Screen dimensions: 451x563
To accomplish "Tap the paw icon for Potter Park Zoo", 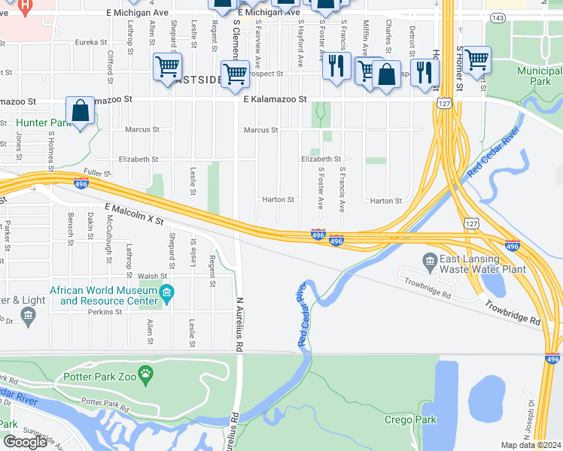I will click(146, 372).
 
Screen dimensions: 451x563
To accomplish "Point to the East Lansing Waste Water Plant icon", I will click(430, 262).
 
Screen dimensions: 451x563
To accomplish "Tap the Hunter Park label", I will click(43, 123).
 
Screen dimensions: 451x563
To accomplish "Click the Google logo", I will click(26, 441).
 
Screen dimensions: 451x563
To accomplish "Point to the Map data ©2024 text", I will click(531, 445).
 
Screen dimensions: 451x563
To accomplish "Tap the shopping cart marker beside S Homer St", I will click(477, 59).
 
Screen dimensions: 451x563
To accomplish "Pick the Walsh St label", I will click(152, 276).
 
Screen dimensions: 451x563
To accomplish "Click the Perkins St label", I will click(105, 312).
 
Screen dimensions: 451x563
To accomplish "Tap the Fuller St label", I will click(98, 172).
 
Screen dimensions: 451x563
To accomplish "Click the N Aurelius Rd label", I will click(240, 315).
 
